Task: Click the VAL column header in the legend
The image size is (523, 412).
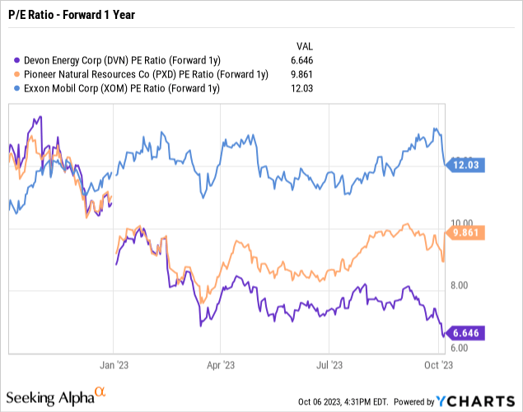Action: pos(305,44)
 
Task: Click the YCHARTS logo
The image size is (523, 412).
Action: pos(478,401)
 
